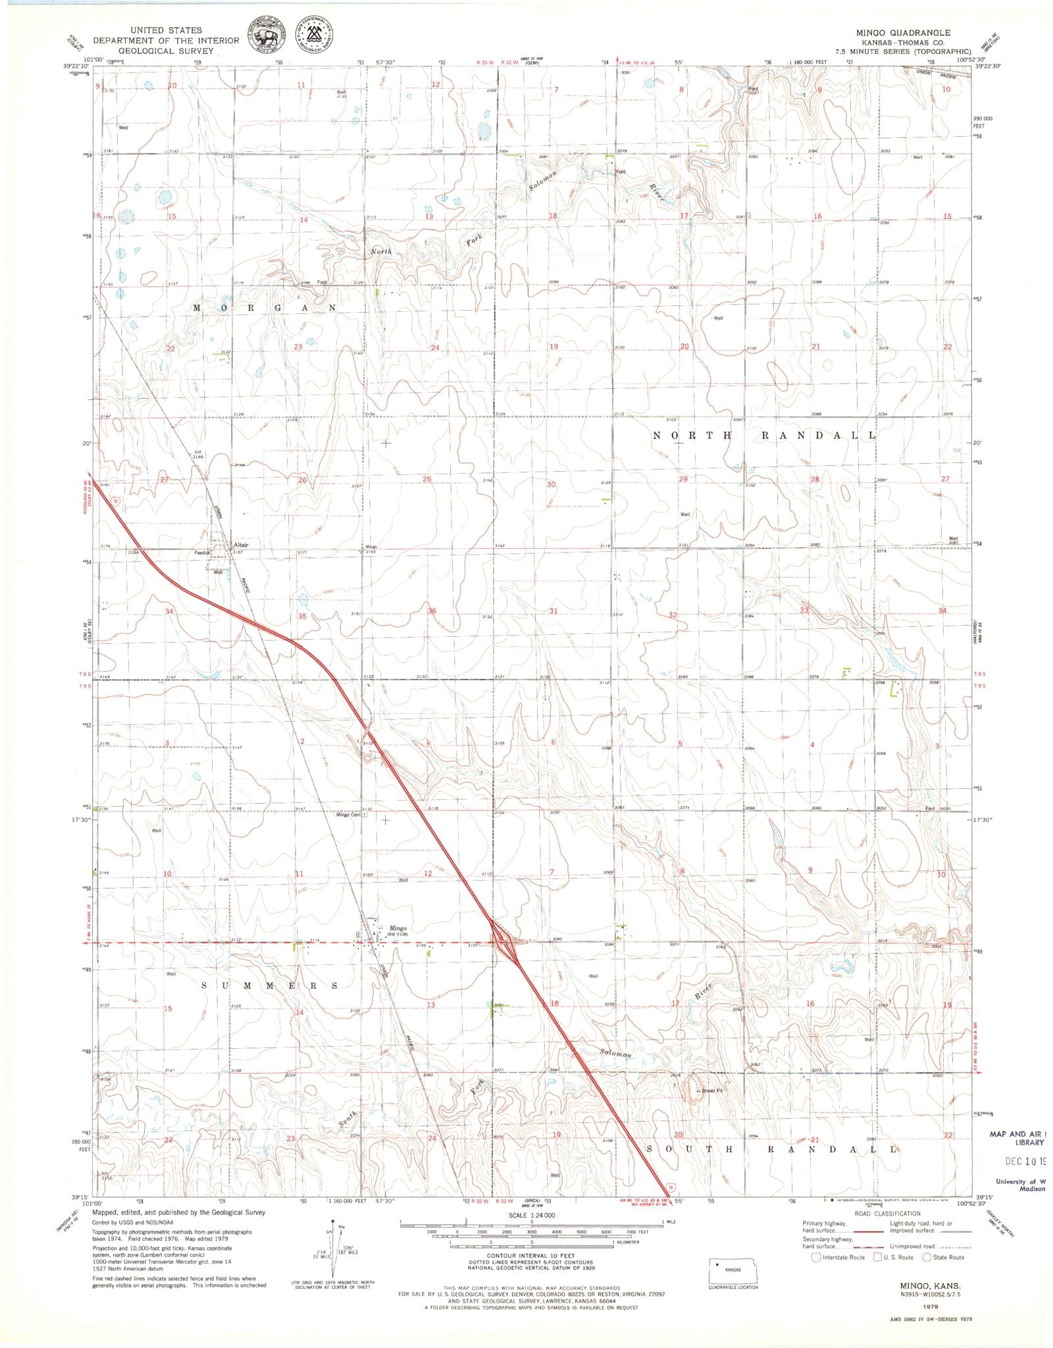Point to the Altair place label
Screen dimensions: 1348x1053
pyautogui.click(x=240, y=545)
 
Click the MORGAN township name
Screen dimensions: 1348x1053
pyautogui.click(x=265, y=308)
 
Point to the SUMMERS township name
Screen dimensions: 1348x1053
pyautogui.click(x=270, y=986)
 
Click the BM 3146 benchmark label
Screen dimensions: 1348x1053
pyautogui.click(x=198, y=453)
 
